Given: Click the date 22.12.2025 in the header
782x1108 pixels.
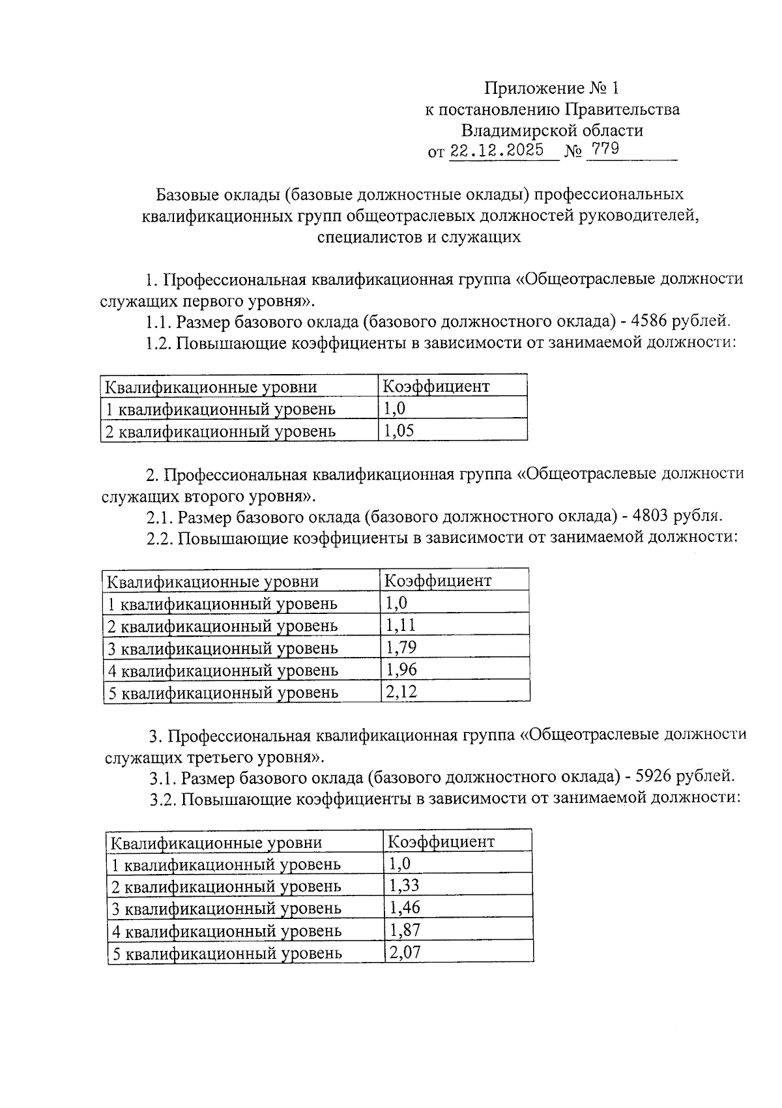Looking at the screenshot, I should point(497,151).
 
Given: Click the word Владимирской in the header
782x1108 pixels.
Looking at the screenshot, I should point(510,130).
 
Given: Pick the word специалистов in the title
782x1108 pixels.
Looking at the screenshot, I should point(369,237).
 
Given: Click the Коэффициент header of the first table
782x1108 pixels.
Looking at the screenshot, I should point(435,386).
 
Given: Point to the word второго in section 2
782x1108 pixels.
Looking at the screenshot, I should point(213,497).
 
